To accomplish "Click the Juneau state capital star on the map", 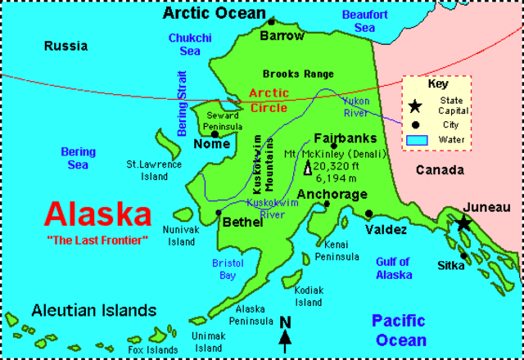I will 463,223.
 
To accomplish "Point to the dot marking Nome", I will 215,133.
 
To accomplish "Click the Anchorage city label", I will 332,195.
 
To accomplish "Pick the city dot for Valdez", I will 369,214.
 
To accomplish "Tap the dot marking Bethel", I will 219,212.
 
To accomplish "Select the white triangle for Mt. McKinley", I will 308,169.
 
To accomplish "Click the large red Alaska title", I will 97,214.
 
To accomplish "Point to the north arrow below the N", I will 285,342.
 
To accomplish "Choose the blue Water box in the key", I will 417,140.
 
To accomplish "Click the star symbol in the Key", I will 416,106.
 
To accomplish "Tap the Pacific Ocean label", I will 399,330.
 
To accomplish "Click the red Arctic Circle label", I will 269,100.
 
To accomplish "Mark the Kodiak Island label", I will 309,296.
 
